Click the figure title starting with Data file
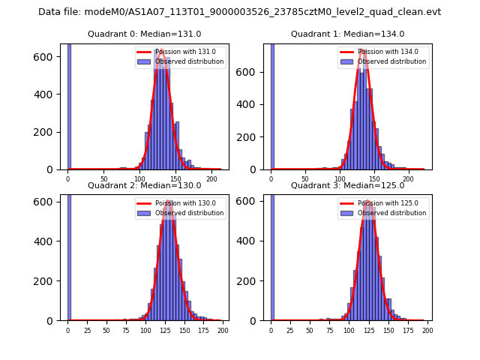point(239,12)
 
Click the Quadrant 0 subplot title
point(145,34)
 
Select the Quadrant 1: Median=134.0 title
point(347,34)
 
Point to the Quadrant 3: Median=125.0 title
point(347,185)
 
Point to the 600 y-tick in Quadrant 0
point(50,57)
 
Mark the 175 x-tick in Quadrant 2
point(202,330)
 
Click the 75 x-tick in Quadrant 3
point(328,330)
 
